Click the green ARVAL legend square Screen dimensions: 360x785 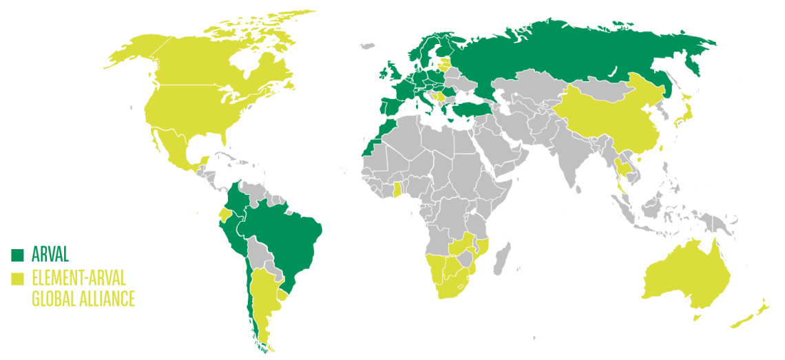tap(17, 255)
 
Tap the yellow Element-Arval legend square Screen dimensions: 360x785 tap(17, 279)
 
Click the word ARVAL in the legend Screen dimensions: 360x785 tap(50, 255)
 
